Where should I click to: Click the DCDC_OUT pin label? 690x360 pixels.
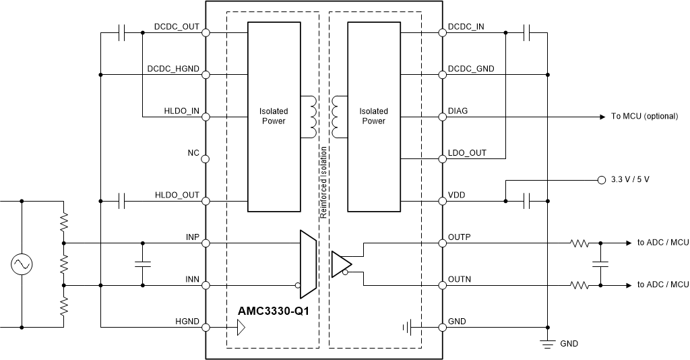click(177, 27)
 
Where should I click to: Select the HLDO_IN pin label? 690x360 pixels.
click(181, 111)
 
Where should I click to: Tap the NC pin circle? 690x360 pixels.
click(206, 159)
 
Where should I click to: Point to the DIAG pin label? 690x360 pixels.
click(458, 111)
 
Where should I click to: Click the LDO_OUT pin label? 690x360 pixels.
click(467, 153)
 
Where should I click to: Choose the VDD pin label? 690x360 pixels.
click(456, 196)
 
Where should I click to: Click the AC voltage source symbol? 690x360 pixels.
click(22, 264)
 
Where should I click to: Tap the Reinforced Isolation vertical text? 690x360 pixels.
click(323, 182)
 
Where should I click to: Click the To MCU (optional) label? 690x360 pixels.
click(644, 117)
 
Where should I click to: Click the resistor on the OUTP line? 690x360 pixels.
click(579, 243)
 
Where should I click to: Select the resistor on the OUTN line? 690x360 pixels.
click(579, 285)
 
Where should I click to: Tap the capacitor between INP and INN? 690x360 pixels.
click(142, 264)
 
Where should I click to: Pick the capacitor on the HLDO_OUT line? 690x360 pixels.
click(122, 201)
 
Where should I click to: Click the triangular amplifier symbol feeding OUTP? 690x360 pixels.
click(340, 263)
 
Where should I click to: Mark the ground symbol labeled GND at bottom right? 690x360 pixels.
click(548, 342)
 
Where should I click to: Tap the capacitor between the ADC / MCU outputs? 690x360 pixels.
click(600, 264)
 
